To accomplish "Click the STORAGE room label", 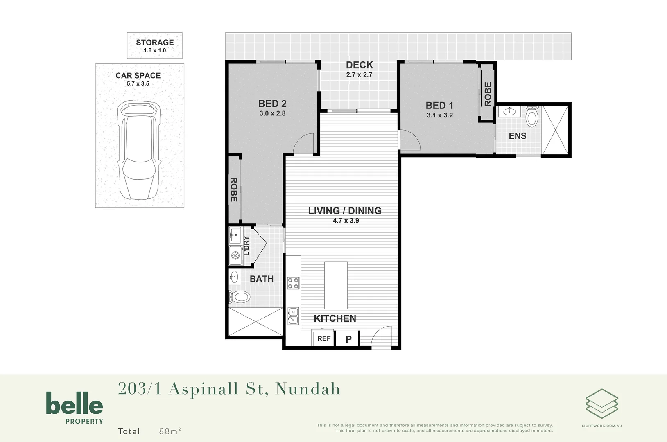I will coord(155,43).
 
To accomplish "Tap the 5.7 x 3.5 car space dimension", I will coord(138,84).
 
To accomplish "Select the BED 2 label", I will coord(272,104).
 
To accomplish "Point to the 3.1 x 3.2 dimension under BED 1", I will coord(440,115).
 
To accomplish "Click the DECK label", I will coord(359,65).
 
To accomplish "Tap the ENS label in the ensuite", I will coord(518,136).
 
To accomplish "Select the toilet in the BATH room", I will coord(240,297).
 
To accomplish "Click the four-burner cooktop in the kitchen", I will coord(293,283).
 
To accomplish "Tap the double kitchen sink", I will coord(293,316).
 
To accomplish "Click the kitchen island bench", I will coord(336,285).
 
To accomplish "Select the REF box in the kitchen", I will coord(323,338).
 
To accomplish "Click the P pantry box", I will coord(348,339).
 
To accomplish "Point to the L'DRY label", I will coord(246,246).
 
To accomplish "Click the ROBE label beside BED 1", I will coord(488,94).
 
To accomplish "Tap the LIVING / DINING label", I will coord(345,211).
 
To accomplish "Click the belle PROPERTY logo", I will coord(75,407).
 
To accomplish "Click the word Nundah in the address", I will coord(307,389).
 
